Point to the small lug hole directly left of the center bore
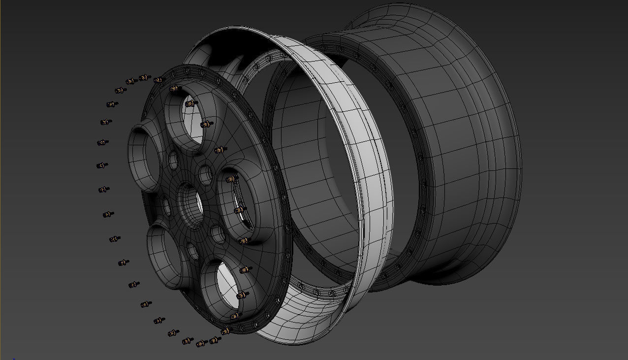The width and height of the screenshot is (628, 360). pos(167,207)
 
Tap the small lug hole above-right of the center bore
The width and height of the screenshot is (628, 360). pos(205,174)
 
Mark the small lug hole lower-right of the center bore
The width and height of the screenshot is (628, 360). pos(218,234)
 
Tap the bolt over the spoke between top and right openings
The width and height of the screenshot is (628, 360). pos(220,149)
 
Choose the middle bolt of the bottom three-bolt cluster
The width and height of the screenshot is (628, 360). pos(201,343)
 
